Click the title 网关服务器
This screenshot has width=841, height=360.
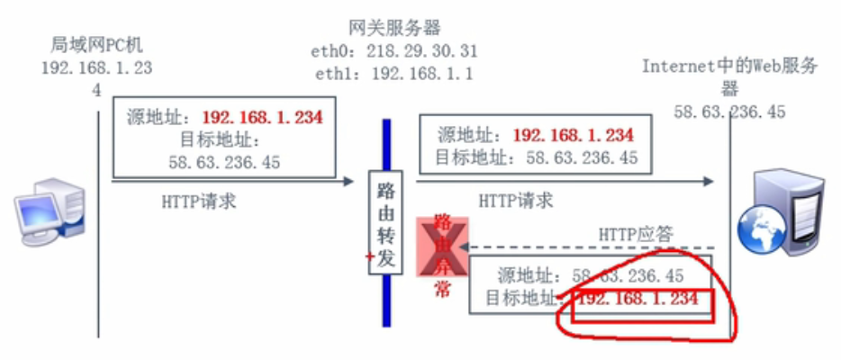click(x=394, y=26)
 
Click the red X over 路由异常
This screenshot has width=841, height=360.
click(x=441, y=247)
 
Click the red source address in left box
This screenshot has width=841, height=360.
click(x=262, y=117)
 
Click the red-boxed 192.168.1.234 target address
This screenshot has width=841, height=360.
click(x=638, y=299)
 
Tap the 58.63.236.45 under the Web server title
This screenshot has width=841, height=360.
click(x=729, y=112)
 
